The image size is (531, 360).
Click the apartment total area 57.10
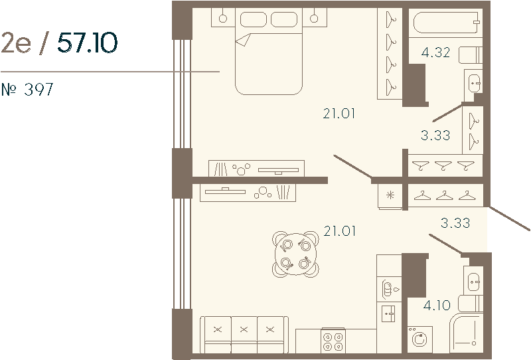point(88,43)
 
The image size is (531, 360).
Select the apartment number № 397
point(27,90)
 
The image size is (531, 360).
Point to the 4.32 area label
point(435,52)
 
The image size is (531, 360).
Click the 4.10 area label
point(436,306)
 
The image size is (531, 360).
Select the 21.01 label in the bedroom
point(339,114)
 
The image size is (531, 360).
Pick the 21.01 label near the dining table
point(339,231)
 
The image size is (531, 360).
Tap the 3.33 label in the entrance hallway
point(455,223)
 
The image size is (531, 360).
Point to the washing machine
point(419,339)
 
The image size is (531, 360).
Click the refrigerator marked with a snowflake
point(390,195)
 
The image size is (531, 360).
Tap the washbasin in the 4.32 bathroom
point(473,83)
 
